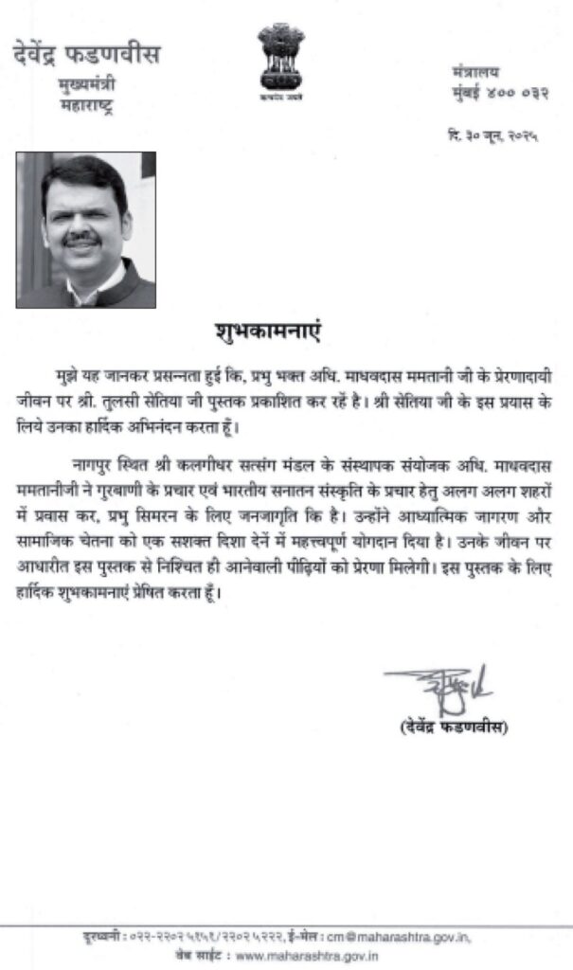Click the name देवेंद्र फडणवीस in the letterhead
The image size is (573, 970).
click(86, 54)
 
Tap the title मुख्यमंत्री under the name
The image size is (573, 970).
click(86, 86)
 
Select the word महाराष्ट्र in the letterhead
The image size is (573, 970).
click(86, 105)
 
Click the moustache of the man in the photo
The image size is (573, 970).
click(83, 240)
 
